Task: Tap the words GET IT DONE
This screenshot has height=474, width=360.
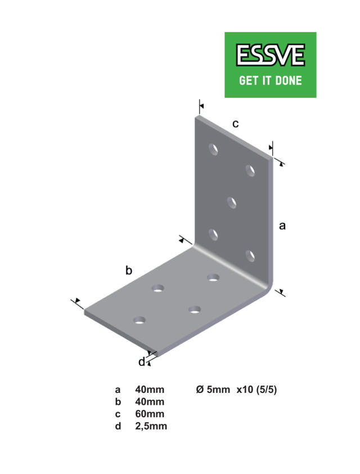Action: (x=270, y=80)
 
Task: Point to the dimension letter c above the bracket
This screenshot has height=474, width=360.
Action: (x=236, y=123)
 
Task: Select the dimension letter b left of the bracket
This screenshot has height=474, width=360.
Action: (x=128, y=271)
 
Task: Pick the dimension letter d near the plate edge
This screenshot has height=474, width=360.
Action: (x=141, y=362)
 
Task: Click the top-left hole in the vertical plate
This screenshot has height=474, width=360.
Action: (x=214, y=149)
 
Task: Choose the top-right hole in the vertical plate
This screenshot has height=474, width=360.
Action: (x=250, y=169)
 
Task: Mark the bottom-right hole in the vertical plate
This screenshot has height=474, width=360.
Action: (x=250, y=256)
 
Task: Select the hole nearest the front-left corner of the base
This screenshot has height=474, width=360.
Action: (x=138, y=320)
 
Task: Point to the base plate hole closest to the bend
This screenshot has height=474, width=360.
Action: (x=213, y=276)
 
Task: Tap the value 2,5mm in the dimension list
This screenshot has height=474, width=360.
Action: (x=151, y=426)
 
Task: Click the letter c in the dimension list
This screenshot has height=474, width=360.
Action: (x=118, y=414)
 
